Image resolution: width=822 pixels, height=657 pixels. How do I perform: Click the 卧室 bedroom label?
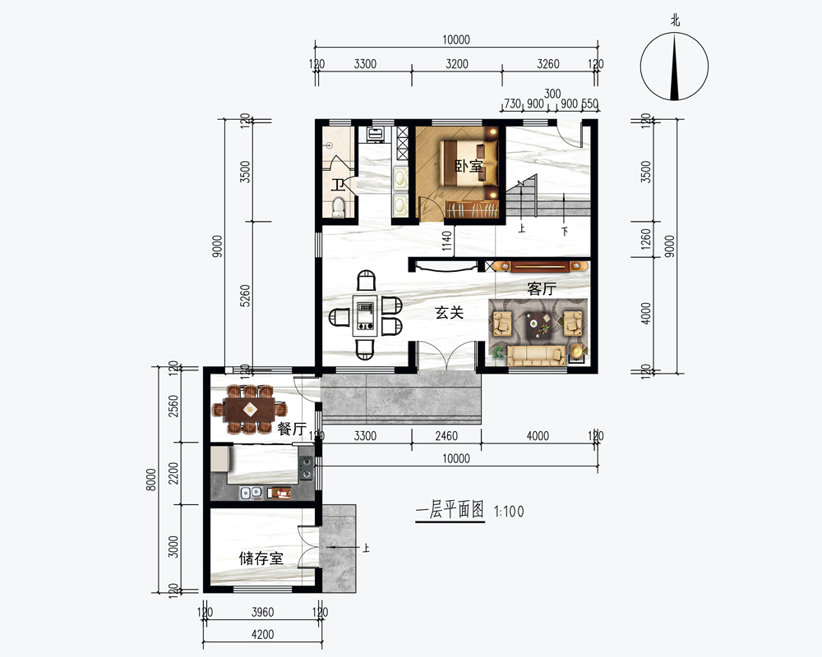469,167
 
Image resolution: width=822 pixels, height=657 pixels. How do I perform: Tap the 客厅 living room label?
542,289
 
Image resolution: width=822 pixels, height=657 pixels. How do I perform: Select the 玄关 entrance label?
450,313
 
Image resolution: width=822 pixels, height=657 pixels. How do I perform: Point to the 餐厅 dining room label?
292,429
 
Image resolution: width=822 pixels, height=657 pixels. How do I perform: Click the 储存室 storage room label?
261,558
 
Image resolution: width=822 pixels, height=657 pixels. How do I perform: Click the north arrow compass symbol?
674,67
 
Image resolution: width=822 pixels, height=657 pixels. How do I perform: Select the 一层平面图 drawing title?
450,509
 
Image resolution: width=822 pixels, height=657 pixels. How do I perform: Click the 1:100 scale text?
509,512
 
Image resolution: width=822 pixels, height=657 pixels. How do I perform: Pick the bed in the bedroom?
469,163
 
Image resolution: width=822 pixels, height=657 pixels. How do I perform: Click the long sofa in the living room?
536,356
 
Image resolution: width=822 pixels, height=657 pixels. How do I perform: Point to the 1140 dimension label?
446,241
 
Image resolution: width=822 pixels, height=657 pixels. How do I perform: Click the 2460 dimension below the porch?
446,436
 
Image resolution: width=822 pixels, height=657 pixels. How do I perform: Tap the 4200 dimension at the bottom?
263,635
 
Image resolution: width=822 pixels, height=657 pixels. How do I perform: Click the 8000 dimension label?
151,480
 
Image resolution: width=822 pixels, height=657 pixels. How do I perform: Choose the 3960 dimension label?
263,612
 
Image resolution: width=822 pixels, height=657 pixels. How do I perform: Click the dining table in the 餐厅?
249,409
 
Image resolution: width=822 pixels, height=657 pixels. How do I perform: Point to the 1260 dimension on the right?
646,239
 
